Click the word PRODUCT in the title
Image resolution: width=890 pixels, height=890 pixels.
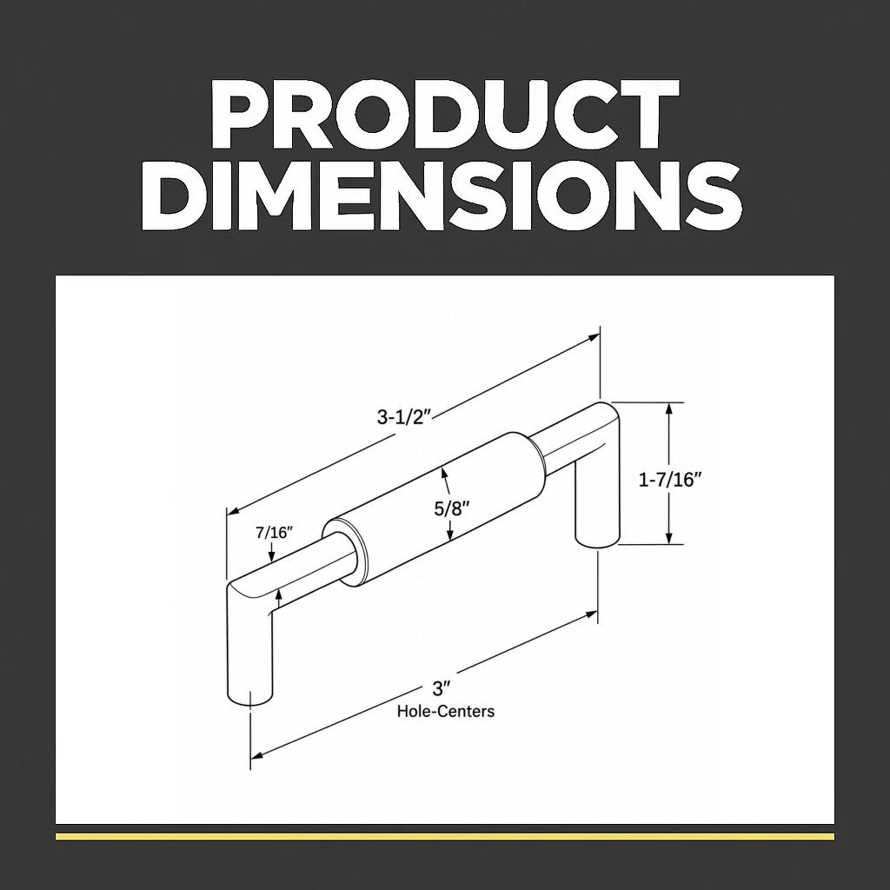tap(444, 115)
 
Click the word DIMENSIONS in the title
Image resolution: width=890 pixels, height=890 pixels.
tap(441, 195)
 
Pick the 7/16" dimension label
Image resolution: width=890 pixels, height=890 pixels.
tap(274, 533)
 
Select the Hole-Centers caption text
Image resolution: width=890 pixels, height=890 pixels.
tap(446, 711)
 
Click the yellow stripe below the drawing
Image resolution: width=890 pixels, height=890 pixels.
tap(444, 836)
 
